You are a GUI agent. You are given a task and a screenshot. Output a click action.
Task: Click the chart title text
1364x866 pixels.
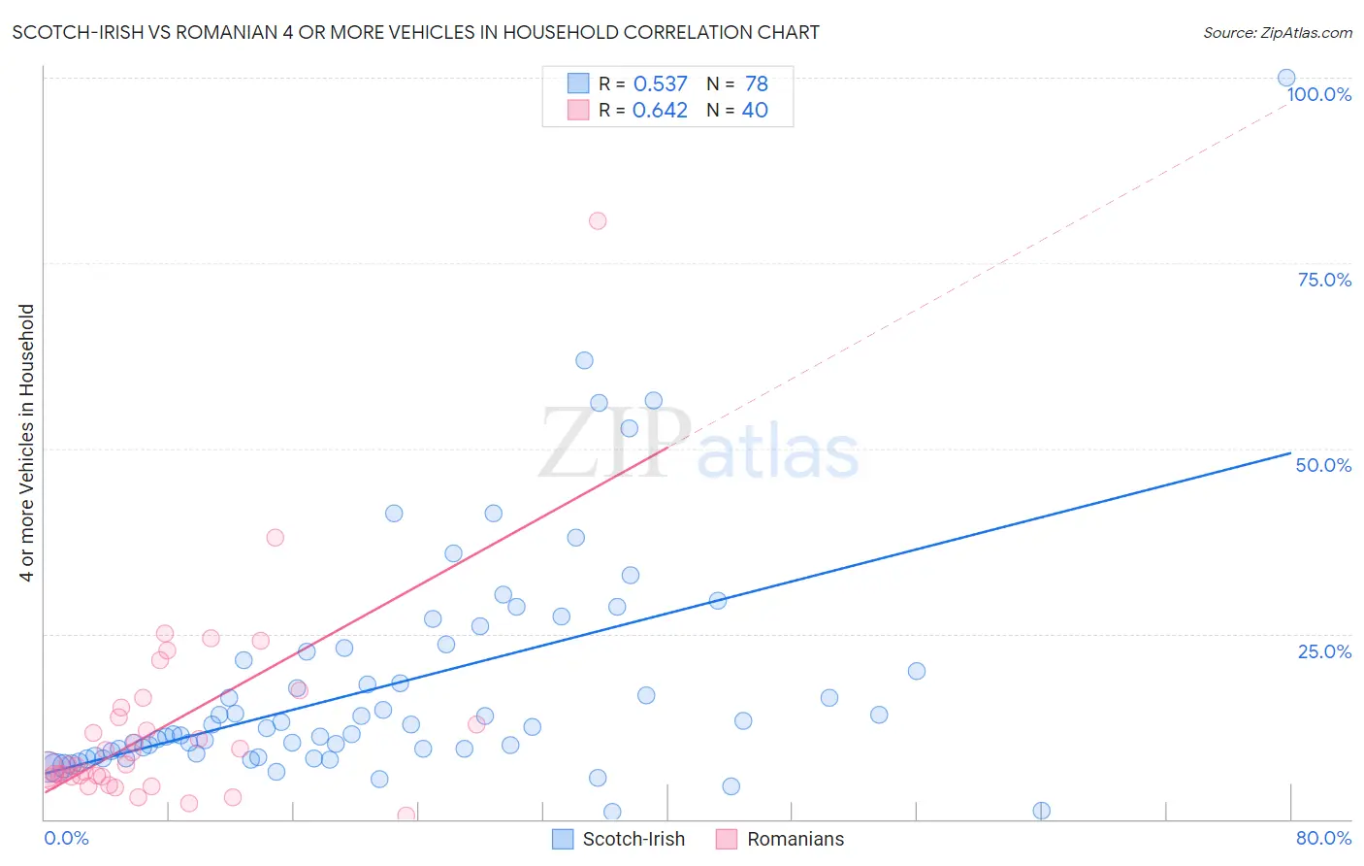click(415, 32)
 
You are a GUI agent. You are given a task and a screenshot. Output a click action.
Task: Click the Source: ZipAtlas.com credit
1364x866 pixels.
click(1277, 32)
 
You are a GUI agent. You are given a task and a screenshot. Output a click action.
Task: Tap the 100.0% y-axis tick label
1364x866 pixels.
click(1318, 94)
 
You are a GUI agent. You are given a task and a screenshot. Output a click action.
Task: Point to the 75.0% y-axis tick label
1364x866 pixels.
click(1324, 280)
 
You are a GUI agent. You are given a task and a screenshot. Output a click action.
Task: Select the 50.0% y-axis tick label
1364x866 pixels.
click(1323, 465)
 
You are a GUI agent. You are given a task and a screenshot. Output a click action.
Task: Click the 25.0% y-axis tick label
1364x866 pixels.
click(1324, 650)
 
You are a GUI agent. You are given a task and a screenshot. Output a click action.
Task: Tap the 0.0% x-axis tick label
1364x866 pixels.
click(66, 838)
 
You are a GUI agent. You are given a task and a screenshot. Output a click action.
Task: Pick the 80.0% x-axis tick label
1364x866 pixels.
click(1323, 838)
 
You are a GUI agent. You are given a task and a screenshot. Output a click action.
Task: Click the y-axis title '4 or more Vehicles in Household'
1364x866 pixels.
click(27, 443)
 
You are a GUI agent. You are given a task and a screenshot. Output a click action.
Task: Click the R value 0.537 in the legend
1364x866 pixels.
click(660, 84)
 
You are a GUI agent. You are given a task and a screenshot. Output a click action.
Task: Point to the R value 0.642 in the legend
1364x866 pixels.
click(660, 111)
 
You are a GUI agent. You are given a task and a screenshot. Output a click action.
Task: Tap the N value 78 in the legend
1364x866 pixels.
click(757, 84)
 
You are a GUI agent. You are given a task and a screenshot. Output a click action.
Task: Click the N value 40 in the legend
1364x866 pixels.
click(755, 111)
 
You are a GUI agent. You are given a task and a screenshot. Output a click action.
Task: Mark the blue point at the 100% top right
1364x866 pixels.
click(1286, 78)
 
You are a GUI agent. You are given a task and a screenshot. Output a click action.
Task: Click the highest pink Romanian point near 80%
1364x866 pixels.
click(598, 221)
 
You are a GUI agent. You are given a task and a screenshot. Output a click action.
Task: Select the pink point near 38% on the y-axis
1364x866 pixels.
click(276, 537)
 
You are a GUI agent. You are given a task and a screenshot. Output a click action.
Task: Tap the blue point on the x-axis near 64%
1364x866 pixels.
click(1041, 811)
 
